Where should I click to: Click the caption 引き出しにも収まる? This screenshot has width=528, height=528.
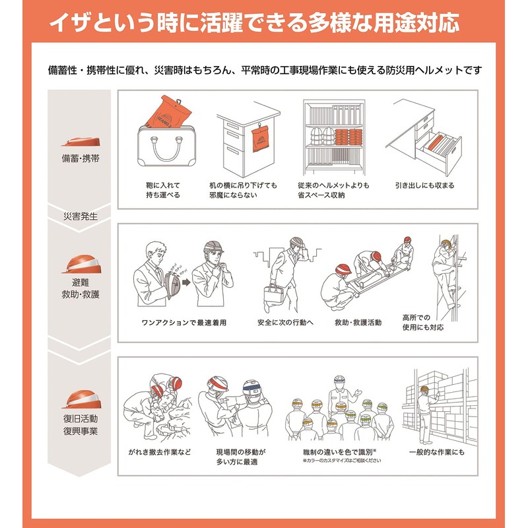[424, 185]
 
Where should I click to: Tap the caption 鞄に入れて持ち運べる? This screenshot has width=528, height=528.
[163, 190]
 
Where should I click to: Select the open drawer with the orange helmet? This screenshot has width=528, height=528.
[436, 147]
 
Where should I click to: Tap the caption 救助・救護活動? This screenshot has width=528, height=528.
[358, 323]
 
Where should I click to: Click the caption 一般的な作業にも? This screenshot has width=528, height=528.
[435, 452]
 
